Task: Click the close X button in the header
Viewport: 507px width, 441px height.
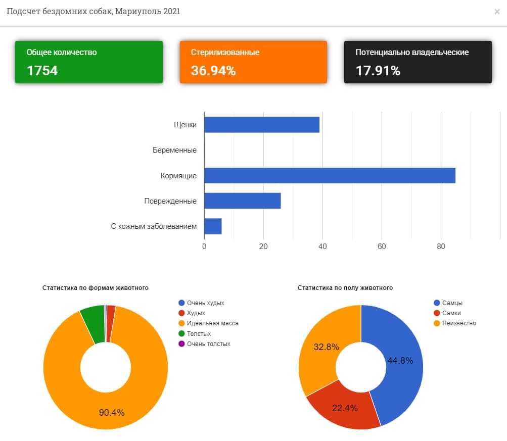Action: (x=497, y=12)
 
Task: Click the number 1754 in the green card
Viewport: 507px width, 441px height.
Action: (x=42, y=71)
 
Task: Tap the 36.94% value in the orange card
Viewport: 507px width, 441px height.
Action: (x=213, y=71)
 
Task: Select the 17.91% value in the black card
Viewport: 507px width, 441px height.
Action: (x=378, y=71)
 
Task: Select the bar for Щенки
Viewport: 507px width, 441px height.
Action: (x=261, y=124)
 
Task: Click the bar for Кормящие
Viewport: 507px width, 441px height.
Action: (x=330, y=175)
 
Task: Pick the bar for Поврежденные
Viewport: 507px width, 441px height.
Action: (x=242, y=201)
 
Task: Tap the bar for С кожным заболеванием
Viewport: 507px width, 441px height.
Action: (x=213, y=226)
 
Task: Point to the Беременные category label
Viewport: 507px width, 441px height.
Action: (x=174, y=150)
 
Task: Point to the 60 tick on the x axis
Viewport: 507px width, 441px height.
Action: (x=382, y=247)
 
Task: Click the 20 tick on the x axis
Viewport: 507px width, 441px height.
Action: (x=263, y=247)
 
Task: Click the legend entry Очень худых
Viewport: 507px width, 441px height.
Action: (x=205, y=303)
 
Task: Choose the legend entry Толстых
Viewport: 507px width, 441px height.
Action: (x=199, y=333)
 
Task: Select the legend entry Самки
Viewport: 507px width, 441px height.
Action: (x=451, y=313)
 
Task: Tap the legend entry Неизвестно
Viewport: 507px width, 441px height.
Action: (x=459, y=323)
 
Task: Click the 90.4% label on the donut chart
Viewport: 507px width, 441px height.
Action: (x=111, y=413)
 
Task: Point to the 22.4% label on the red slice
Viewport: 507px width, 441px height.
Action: (x=345, y=408)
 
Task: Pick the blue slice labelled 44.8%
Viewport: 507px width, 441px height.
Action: (x=399, y=360)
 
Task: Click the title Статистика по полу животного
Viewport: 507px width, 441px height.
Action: (x=345, y=288)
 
